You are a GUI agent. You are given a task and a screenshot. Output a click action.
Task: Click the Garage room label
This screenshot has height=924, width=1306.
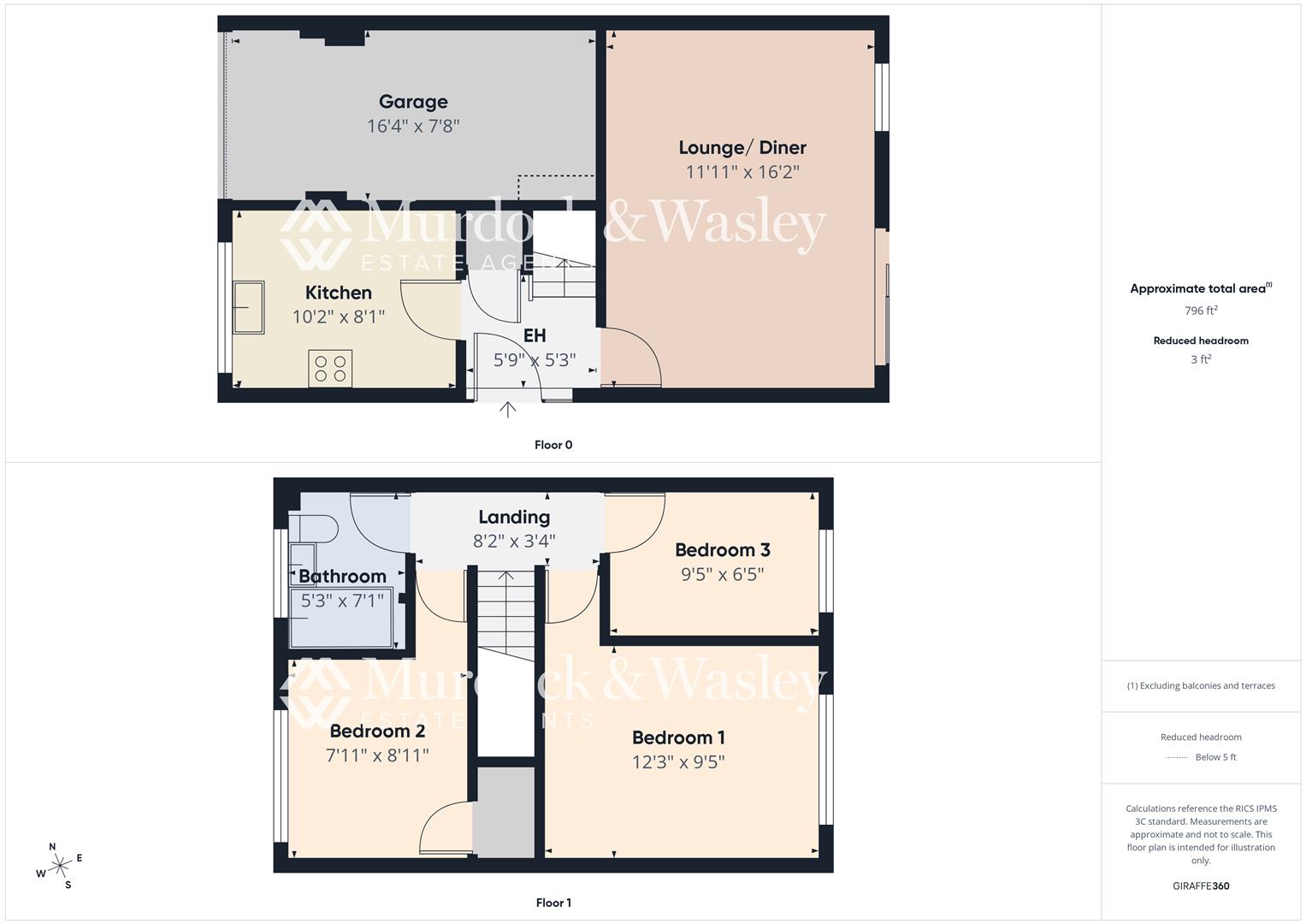click(413, 102)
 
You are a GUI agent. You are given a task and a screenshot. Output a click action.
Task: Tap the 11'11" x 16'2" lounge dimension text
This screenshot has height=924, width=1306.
click(742, 172)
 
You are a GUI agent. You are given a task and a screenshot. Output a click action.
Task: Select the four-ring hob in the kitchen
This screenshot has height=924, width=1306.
click(330, 369)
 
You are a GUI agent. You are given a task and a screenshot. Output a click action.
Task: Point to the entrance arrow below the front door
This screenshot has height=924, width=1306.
click(508, 410)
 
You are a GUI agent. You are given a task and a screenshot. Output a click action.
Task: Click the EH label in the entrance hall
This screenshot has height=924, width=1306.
click(535, 335)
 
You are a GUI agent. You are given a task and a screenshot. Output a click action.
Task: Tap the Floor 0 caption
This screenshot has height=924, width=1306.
click(553, 445)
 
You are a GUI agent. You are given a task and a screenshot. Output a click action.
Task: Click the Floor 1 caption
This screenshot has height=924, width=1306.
click(553, 903)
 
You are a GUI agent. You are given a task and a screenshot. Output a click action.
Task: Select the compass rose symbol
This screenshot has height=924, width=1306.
click(60, 866)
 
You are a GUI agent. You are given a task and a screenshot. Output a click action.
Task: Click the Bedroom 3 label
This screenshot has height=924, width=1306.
click(722, 550)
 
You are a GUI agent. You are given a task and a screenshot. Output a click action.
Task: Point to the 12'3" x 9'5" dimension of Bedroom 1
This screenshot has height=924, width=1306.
click(678, 762)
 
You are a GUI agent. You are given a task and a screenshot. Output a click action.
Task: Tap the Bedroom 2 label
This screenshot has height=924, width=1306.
click(377, 731)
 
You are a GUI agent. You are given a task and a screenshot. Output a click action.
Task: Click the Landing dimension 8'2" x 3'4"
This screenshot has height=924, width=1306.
click(514, 541)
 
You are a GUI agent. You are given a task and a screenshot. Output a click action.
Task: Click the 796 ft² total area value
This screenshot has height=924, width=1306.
click(1201, 311)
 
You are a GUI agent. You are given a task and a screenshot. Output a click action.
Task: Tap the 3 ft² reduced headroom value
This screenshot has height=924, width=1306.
click(1201, 359)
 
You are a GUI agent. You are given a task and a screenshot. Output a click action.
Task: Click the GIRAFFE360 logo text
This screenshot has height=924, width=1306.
click(1201, 886)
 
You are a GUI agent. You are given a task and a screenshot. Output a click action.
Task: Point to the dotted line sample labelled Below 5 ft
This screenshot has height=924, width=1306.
click(1177, 758)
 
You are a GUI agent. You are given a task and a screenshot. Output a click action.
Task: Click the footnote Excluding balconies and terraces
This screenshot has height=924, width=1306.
click(1201, 686)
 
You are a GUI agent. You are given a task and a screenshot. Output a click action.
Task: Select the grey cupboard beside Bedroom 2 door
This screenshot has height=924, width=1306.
click(505, 812)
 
